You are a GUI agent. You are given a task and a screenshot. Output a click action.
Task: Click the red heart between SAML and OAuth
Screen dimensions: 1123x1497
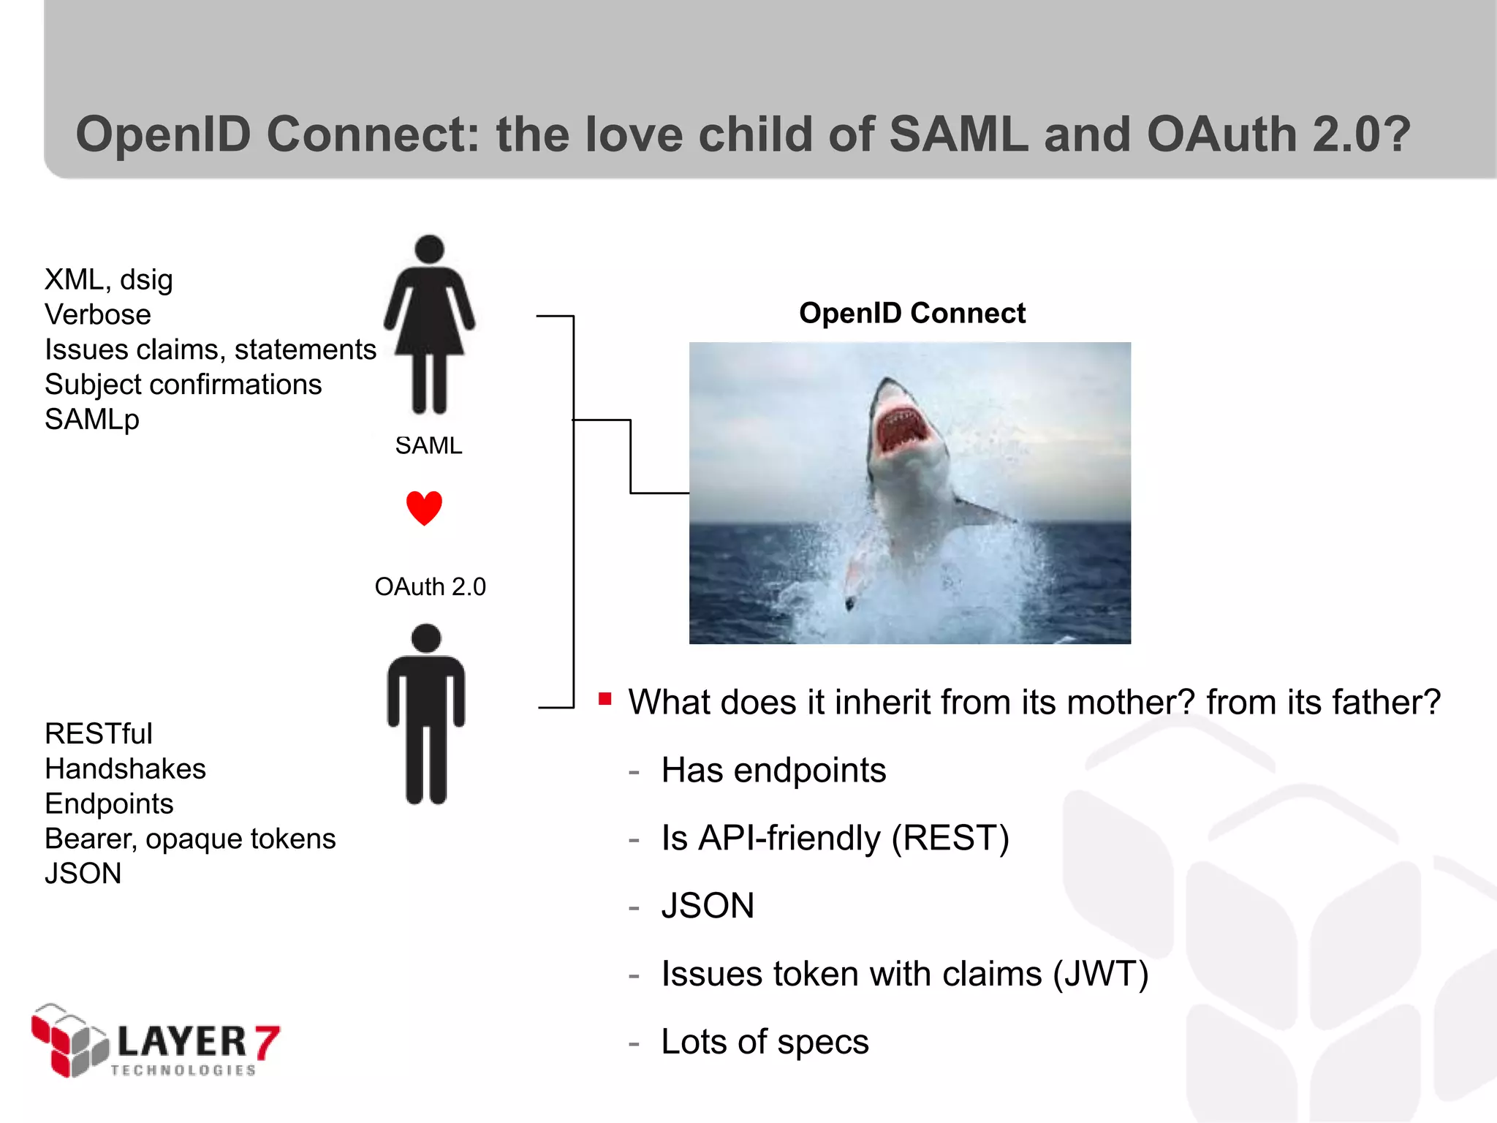[x=424, y=507]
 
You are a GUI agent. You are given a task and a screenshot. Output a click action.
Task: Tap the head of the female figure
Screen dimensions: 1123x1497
[x=429, y=249]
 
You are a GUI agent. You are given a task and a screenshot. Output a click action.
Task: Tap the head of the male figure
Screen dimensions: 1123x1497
[x=426, y=638]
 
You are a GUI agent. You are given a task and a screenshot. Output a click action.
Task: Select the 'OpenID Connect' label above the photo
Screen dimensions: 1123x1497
[x=912, y=313]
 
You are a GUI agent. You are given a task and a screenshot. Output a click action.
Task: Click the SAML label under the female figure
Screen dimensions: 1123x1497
[x=428, y=445]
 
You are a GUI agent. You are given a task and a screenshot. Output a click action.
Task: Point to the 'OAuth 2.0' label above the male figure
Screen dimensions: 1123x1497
[x=430, y=586]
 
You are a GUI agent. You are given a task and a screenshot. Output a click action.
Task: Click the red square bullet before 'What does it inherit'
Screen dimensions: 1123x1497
[x=605, y=699]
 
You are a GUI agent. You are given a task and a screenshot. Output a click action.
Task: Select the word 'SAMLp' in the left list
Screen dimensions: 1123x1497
[x=92, y=420]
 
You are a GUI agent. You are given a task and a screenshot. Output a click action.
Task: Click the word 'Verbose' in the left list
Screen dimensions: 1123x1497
[x=98, y=314]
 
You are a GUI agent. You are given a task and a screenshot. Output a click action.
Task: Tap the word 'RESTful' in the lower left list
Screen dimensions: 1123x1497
[x=99, y=733]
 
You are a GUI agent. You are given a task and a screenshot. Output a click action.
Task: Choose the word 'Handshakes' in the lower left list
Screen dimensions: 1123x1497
[x=125, y=768]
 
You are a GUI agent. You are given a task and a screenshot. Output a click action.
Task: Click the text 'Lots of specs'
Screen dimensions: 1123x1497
[x=765, y=1041]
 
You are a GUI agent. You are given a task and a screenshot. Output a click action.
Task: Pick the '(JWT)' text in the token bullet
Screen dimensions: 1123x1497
[x=1100, y=974]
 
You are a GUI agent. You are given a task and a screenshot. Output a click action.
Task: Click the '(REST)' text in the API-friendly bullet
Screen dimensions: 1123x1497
[x=950, y=838]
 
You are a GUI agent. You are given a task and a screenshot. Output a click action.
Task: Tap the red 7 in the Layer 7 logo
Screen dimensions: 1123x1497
[x=266, y=1042]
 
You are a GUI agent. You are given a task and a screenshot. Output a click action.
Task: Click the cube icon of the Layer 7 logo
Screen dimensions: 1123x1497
[x=69, y=1040]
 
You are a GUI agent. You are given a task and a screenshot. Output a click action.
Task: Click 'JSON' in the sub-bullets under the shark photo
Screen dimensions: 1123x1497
[x=707, y=906]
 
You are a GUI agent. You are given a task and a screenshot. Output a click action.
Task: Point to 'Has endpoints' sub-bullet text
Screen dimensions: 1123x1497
[x=773, y=770]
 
